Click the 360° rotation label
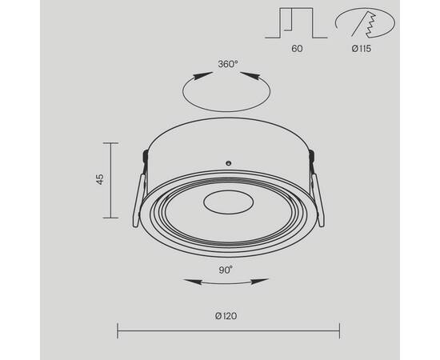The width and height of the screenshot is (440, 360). pos(227,64)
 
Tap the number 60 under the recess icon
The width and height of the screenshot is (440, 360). pos(297,48)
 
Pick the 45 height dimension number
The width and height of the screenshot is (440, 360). pos(100,180)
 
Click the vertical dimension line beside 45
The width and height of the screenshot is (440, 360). pos(110,180)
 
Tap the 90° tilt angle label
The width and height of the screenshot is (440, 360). pos(225,270)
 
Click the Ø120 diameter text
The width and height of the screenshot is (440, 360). pos(226,315)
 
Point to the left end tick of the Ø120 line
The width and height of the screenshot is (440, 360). pos(118,329)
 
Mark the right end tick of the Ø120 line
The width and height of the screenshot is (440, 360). pos(340,329)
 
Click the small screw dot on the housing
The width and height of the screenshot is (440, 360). pos(228,162)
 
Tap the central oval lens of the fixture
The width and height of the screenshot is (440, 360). pos(227,203)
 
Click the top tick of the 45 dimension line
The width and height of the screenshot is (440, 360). pos(110,142)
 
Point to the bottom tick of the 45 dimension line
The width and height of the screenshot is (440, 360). pos(110,218)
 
